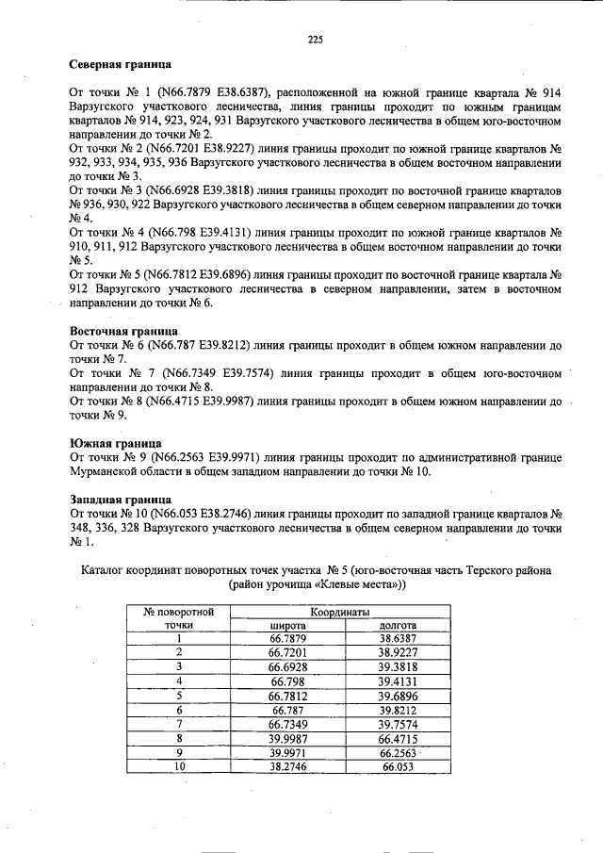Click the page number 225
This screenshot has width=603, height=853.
(316, 39)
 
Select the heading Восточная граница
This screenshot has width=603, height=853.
(124, 332)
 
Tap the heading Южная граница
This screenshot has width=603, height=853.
(116, 443)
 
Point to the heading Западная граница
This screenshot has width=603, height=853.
(121, 499)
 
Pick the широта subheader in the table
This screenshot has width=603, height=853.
(287, 625)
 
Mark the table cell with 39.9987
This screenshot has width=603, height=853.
(286, 738)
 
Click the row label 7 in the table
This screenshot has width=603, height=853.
(178, 724)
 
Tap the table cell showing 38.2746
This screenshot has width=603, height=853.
(286, 767)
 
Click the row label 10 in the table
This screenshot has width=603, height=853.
(178, 767)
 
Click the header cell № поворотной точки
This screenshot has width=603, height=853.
(178, 618)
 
